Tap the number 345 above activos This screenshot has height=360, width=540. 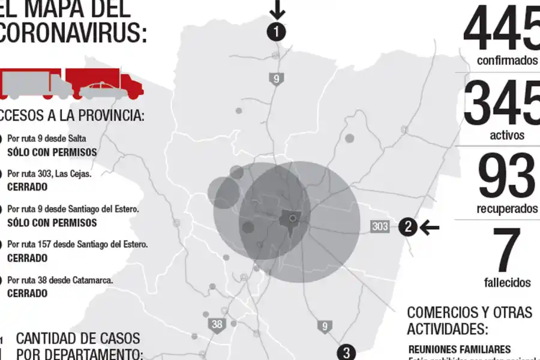coord(502,103)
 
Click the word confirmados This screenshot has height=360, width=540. coord(508,61)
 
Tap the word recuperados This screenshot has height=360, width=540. coord(508,209)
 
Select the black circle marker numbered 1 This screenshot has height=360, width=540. coord(276,32)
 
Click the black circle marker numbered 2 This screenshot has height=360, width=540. coord(408,227)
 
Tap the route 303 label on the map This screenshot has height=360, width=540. coord(380,227)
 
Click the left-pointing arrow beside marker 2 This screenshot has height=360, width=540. coord(430,227)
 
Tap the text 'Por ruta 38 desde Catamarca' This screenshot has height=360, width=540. coord(60,280)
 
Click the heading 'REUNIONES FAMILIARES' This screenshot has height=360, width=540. coord(460,349)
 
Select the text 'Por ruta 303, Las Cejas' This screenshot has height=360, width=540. coord(49,173)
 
